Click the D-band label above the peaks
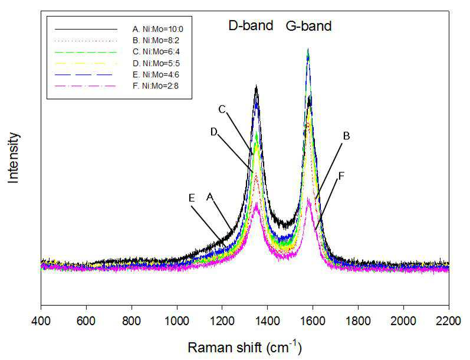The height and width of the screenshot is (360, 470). coord(251,25)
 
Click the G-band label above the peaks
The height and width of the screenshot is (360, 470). coord(309,26)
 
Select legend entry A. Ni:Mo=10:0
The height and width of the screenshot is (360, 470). coord(157,29)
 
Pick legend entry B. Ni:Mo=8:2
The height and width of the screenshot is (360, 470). coord(156,40)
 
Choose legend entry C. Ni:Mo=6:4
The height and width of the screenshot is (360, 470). coord(156,51)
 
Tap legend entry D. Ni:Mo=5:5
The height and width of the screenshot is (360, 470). coord(156,63)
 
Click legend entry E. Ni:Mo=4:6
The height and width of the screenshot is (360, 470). coord(156,74)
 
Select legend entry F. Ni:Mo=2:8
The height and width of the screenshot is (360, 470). coord(156,86)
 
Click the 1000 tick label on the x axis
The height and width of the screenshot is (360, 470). coord(177,321)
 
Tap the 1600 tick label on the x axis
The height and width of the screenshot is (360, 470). coord(313,321)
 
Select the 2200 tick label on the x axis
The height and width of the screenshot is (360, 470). coord(449,321)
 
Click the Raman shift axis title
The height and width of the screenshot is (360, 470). coord(245,347)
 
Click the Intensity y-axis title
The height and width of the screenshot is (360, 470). coord(13,158)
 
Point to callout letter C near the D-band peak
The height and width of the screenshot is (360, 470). coord(222,110)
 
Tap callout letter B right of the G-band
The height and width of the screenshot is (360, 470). coord(346,136)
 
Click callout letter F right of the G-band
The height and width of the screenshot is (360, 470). coord(341,176)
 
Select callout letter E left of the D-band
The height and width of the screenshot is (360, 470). coord(192,198)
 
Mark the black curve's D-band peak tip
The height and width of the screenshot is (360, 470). coord(257,86)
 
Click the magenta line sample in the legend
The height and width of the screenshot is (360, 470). coord(86,86)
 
